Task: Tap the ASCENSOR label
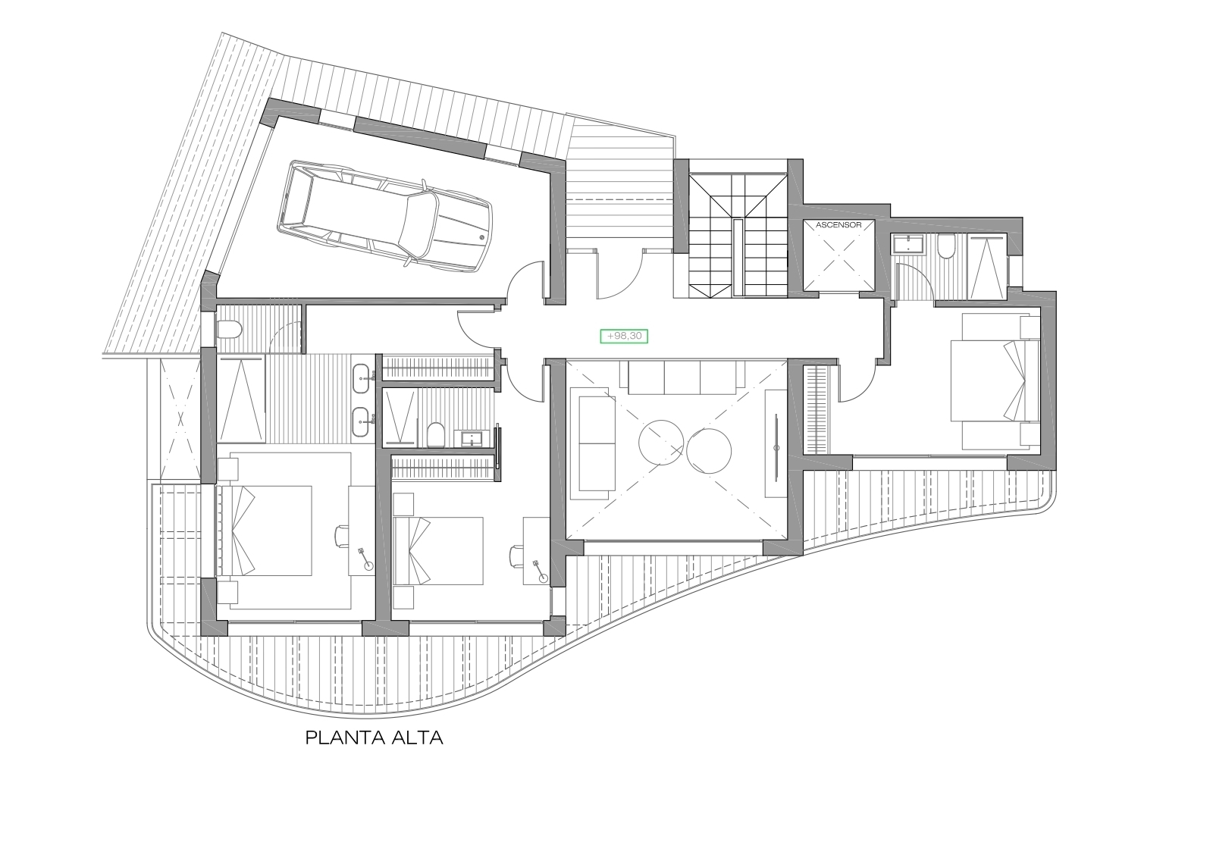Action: coord(838,224)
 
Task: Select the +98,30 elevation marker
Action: coord(624,337)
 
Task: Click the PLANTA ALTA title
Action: coord(375,738)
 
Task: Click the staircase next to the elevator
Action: coord(738,234)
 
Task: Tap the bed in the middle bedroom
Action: coord(438,550)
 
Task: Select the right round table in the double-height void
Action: coord(709,451)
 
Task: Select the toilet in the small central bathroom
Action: coord(436,434)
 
